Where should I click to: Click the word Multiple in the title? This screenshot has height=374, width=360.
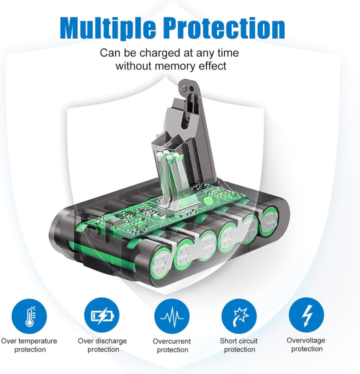[x=107, y=28]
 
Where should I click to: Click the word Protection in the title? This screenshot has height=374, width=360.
[x=224, y=28]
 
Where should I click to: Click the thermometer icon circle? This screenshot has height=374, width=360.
[x=29, y=316]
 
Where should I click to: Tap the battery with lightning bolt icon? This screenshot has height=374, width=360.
[x=101, y=315]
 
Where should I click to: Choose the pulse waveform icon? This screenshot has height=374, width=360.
[x=172, y=316]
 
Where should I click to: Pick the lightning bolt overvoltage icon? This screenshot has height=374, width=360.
[x=306, y=315]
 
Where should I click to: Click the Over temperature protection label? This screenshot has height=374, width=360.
[x=29, y=345]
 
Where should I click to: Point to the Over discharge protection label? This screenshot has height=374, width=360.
[x=102, y=345]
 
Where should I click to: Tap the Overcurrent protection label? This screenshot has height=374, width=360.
[x=172, y=345]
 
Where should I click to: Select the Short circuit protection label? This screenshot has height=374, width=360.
[x=239, y=345]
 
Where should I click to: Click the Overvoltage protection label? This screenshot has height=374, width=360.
[x=306, y=344]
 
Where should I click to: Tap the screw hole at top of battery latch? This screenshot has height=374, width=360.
[x=191, y=89]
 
